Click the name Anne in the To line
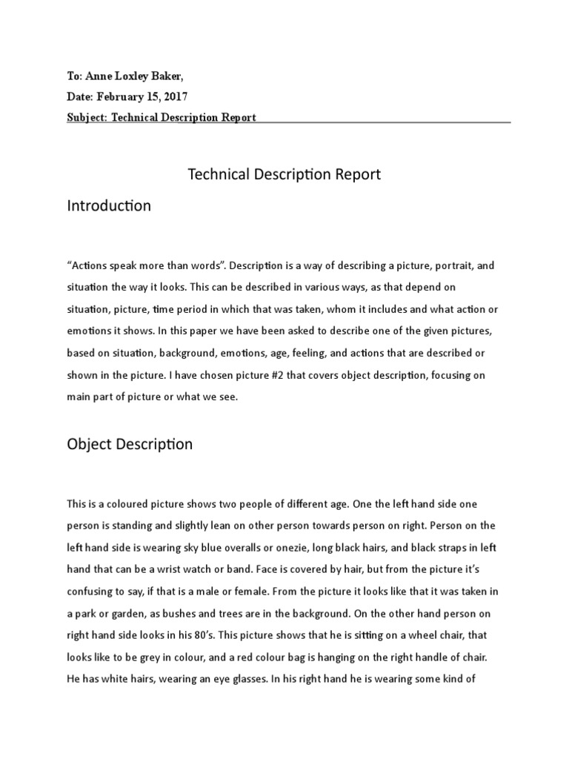point(99,76)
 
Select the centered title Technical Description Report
point(284,175)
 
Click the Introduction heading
point(109,206)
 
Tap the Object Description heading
point(130,445)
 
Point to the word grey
point(183,657)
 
